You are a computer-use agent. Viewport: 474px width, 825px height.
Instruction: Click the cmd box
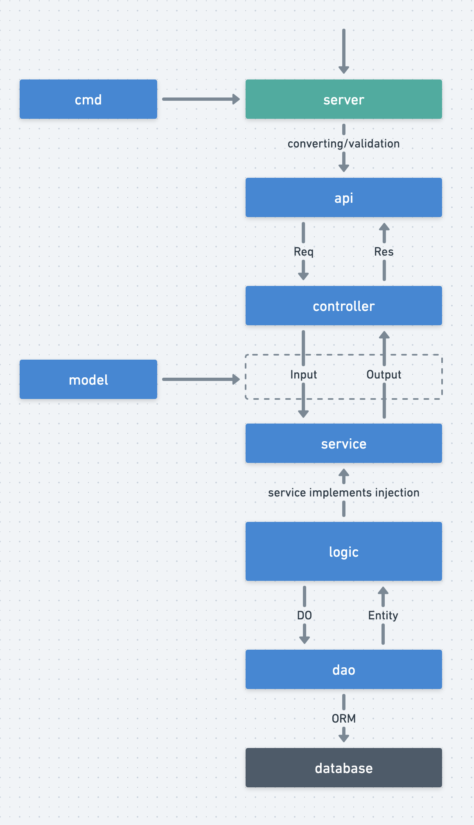[88, 99]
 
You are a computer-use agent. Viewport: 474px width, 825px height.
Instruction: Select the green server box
[343, 99]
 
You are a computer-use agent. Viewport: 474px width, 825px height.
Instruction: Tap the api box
[343, 197]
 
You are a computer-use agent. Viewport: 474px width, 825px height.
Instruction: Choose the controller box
[343, 306]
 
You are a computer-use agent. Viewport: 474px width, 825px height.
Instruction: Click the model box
[88, 379]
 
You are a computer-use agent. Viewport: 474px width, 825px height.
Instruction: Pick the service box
[343, 443]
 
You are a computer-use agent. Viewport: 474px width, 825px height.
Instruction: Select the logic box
[343, 551]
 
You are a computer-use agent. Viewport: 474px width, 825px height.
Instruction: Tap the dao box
[343, 669]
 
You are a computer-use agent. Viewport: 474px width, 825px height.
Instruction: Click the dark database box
[343, 768]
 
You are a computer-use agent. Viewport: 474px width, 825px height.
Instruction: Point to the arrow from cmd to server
[201, 99]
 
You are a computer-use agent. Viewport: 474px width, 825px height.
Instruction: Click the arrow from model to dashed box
[201, 379]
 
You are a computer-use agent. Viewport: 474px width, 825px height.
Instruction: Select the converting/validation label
[343, 144]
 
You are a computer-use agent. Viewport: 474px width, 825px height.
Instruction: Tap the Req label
[303, 252]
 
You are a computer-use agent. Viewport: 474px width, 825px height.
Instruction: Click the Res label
[384, 252]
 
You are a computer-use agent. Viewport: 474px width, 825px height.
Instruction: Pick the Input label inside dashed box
[303, 374]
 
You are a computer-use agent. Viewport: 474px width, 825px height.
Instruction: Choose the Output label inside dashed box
[384, 374]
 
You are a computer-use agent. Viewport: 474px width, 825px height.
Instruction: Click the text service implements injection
[343, 492]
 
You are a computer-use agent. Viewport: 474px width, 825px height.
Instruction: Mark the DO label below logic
[304, 615]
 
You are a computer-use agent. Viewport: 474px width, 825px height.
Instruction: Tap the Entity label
[383, 615]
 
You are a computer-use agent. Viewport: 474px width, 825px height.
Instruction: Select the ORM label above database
[343, 718]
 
